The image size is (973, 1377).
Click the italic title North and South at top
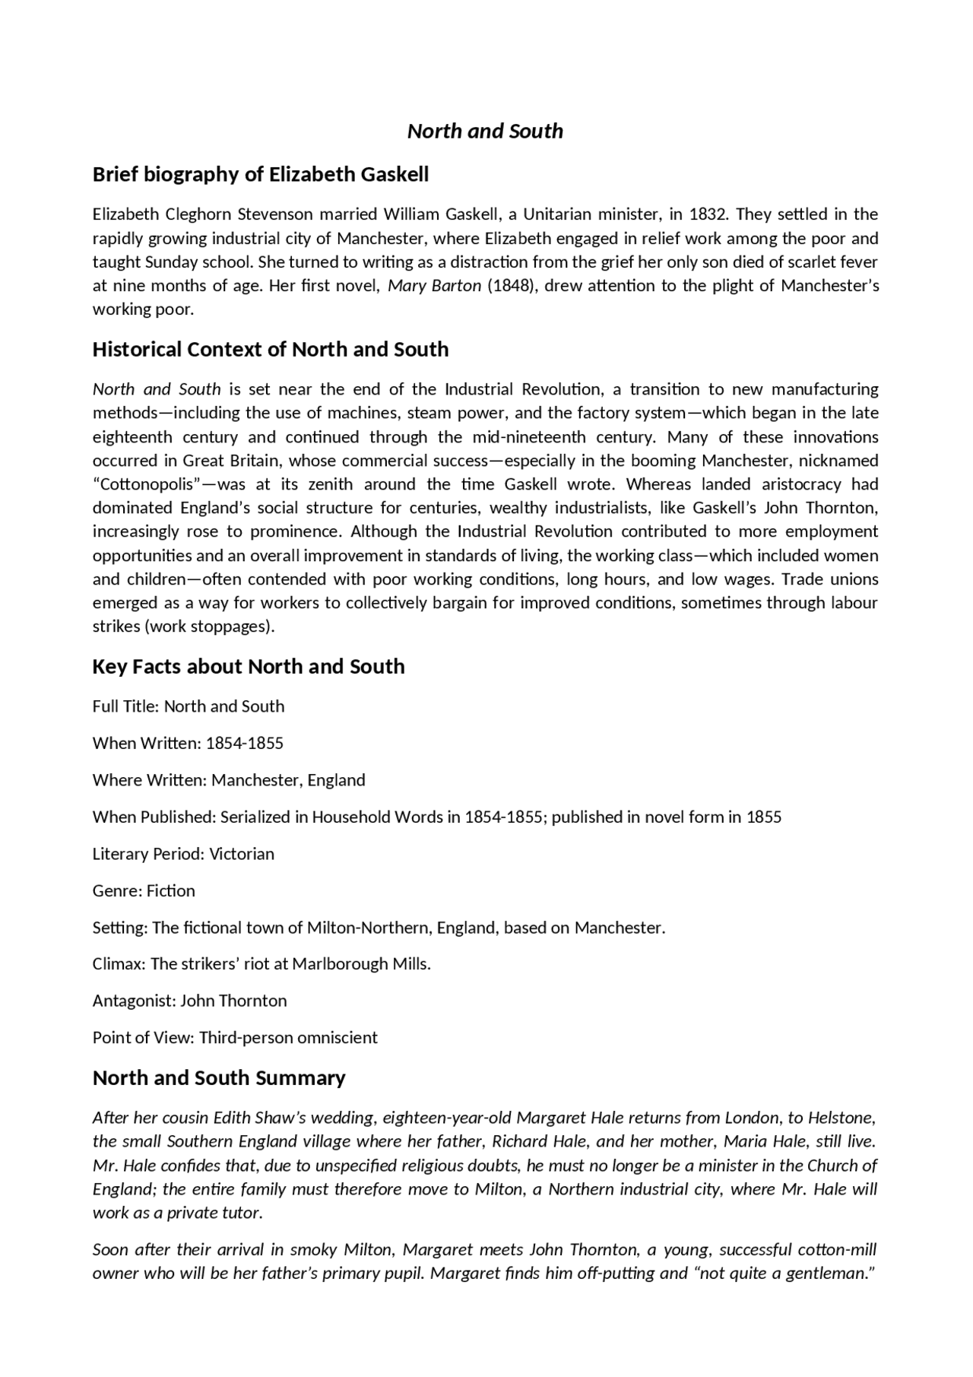coord(485,131)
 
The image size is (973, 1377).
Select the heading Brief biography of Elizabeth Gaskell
coord(260,174)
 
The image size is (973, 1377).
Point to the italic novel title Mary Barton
coord(434,285)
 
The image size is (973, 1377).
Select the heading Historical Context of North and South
coord(270,349)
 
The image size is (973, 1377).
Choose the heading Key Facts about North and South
coord(248,666)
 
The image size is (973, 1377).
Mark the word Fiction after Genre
coord(171,890)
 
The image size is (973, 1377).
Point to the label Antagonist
coord(134,1001)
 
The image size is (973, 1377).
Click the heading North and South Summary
coord(218,1077)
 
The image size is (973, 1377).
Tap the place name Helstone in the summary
coord(841,1118)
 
